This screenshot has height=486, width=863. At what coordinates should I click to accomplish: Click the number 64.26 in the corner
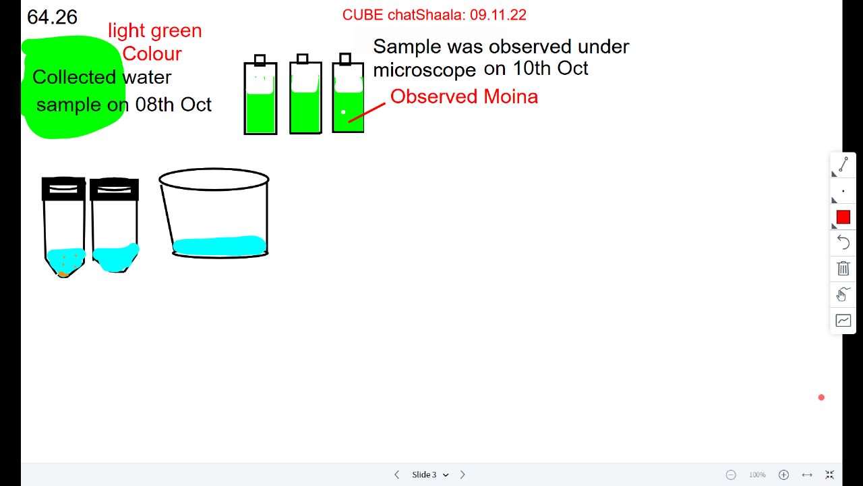52,18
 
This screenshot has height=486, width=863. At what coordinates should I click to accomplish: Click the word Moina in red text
510,97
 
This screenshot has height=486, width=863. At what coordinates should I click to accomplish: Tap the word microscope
425,70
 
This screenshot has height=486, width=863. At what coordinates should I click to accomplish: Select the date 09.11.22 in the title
498,15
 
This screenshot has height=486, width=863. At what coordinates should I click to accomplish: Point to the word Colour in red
152,53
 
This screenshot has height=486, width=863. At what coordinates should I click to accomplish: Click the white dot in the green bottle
343,112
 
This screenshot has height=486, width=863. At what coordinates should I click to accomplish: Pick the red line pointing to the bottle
367,112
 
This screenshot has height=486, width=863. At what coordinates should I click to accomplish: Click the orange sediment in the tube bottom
63,274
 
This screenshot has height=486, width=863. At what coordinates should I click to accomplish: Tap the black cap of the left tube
63,188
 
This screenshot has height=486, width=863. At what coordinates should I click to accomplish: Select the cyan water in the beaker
220,246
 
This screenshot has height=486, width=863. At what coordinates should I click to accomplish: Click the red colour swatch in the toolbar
843,217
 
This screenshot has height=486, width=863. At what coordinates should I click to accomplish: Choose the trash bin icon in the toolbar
843,268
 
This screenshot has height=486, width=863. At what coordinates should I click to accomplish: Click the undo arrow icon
843,242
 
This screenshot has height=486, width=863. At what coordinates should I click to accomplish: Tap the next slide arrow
463,475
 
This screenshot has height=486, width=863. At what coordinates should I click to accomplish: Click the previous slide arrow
397,475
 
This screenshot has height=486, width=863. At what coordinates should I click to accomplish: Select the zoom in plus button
783,475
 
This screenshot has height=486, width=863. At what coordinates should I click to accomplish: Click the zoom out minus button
731,475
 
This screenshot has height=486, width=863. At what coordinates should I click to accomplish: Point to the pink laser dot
821,398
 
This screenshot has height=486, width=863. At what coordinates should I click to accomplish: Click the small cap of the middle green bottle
303,59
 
